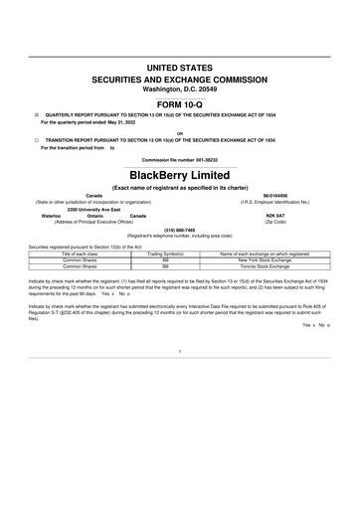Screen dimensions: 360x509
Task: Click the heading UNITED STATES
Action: [x=180, y=67]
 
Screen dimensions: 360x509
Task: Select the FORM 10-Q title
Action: [x=180, y=104]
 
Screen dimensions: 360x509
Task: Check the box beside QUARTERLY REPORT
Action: [x=36, y=115]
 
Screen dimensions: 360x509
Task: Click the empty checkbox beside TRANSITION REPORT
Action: [x=36, y=140]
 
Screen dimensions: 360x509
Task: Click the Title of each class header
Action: [x=86, y=254]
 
